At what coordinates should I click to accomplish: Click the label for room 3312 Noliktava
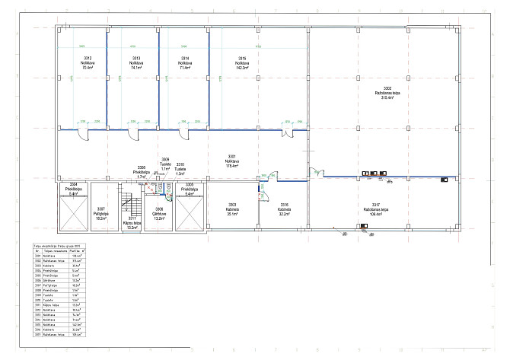click(88, 63)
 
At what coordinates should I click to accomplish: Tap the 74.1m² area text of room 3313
click(137, 68)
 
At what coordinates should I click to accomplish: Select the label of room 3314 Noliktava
click(185, 63)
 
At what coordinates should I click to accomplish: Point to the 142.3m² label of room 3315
click(242, 68)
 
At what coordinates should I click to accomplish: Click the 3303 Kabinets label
click(232, 209)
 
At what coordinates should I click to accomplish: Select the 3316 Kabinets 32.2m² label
click(285, 209)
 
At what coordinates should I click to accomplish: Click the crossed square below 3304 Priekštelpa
click(73, 216)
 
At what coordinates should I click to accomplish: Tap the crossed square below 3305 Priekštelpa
click(189, 216)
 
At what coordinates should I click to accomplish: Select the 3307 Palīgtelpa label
click(100, 212)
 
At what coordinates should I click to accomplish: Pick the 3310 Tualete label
click(180, 168)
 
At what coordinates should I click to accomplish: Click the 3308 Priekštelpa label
click(142, 171)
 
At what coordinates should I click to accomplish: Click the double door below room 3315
click(288, 133)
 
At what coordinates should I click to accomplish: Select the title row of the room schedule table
click(59, 247)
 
